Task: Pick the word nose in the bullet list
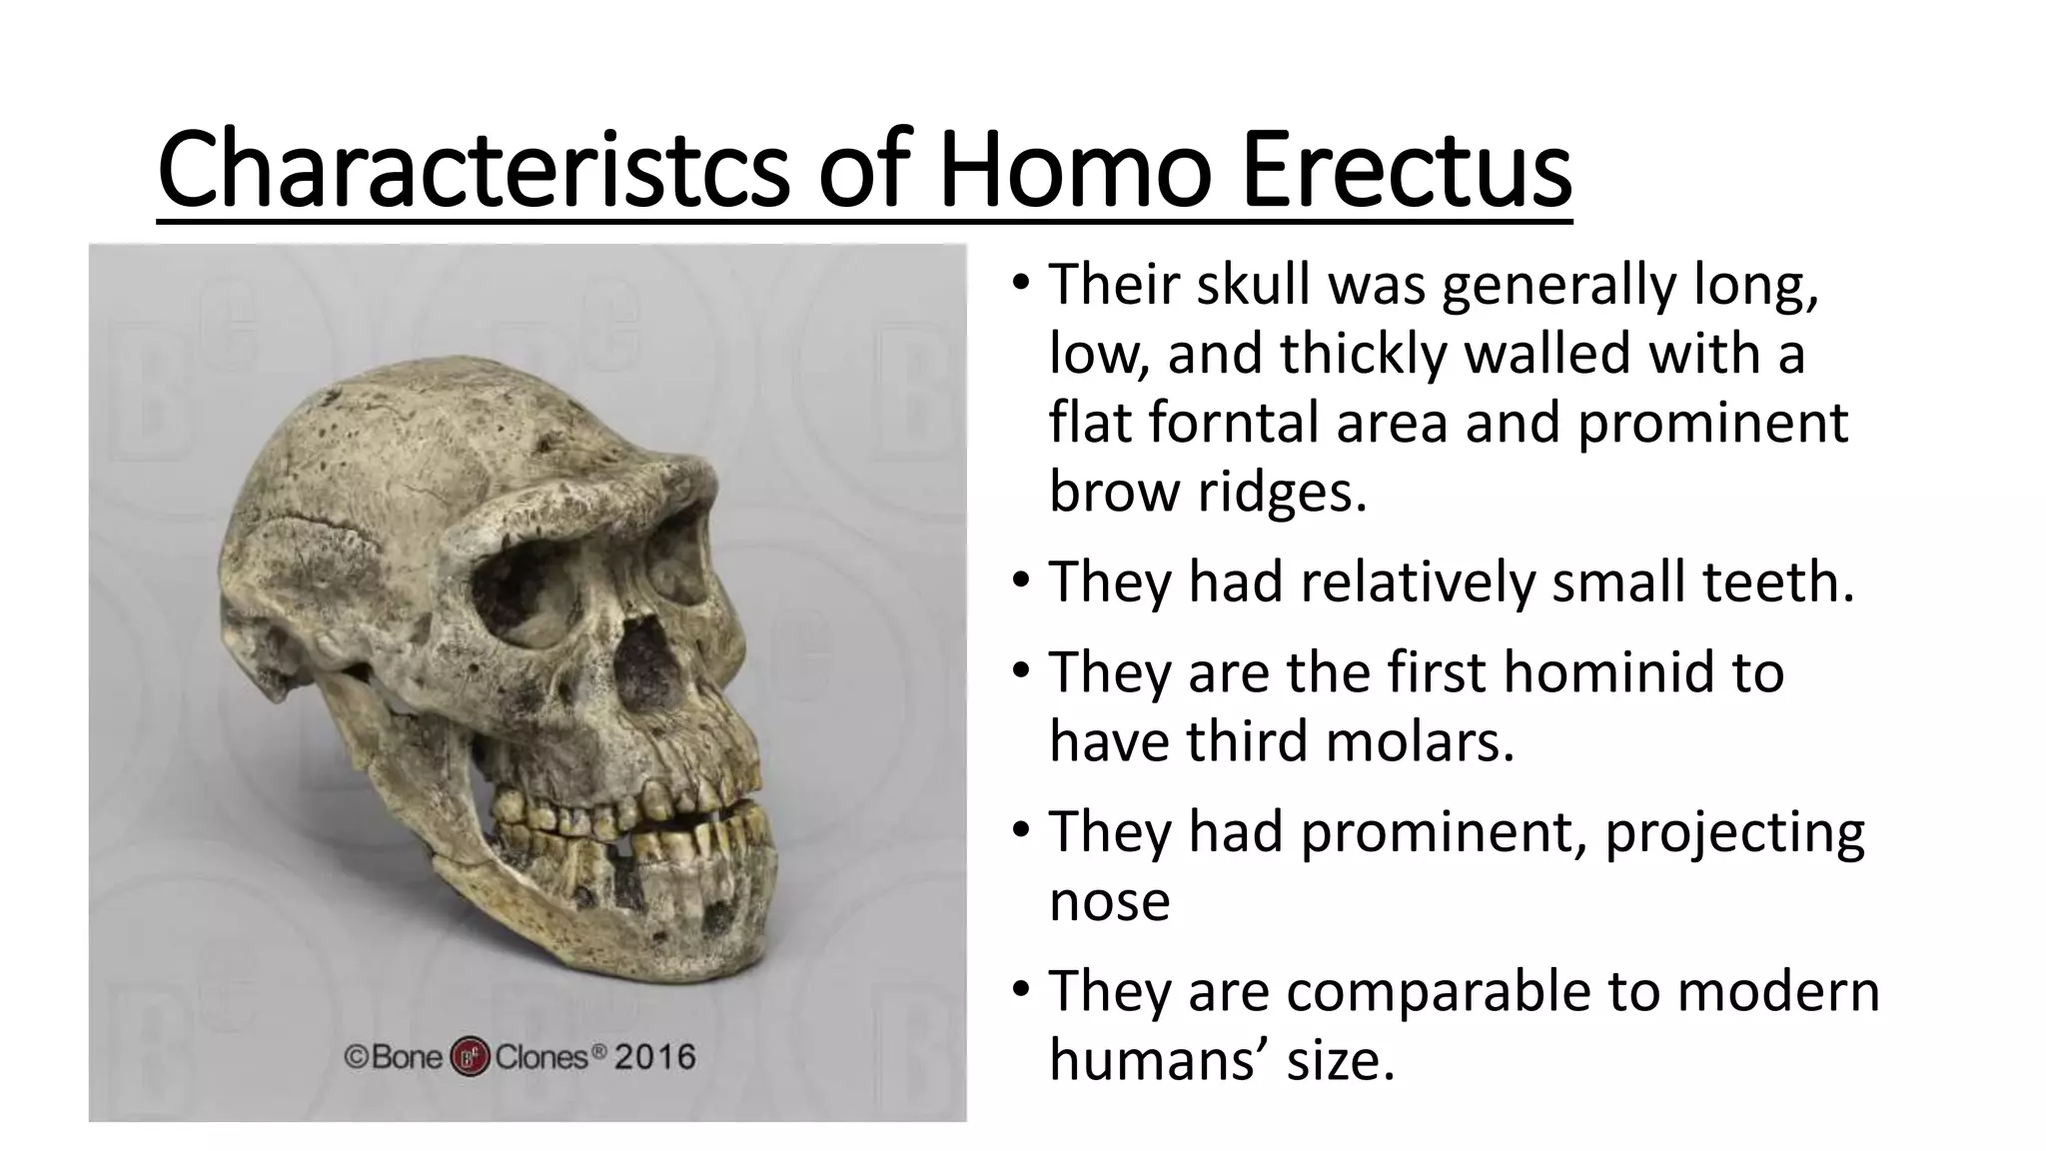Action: pyautogui.click(x=1109, y=901)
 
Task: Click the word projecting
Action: pyautogui.click(x=1734, y=833)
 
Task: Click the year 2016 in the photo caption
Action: pyautogui.click(x=654, y=1057)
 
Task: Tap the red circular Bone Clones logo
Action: pyautogui.click(x=471, y=1057)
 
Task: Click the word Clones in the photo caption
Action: pyautogui.click(x=541, y=1057)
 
